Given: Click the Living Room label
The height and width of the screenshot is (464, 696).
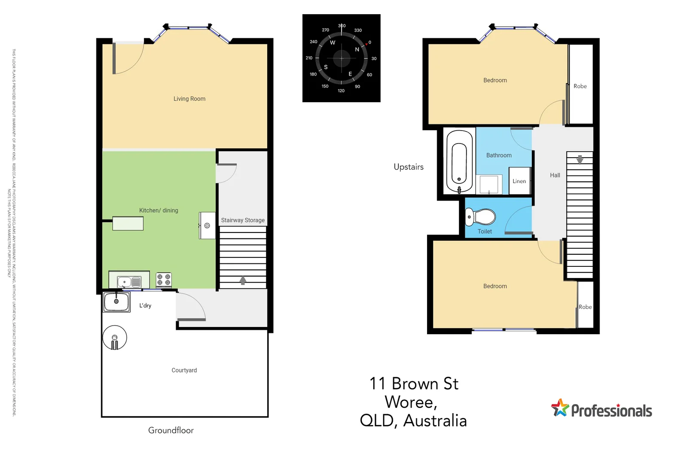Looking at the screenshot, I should (189, 99).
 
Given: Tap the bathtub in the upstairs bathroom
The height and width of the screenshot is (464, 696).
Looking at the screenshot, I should (459, 162).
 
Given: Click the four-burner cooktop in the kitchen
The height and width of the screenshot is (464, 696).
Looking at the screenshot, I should (164, 280).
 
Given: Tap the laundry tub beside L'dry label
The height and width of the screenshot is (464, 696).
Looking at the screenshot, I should (116, 302).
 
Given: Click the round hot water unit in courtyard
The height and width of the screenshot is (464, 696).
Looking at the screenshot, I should (115, 337).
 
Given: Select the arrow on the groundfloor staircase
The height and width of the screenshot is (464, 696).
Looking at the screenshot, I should (243, 280).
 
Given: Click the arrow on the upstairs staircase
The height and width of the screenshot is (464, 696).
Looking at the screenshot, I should (580, 160).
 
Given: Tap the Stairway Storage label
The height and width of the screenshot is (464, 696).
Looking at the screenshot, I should (243, 220).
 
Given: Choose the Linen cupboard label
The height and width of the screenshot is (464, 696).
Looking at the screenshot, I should (519, 181).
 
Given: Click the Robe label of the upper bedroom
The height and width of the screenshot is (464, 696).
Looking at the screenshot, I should (580, 86).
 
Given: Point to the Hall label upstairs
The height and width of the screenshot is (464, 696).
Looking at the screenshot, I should (555, 175).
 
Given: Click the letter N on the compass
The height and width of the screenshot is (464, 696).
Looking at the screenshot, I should (357, 49).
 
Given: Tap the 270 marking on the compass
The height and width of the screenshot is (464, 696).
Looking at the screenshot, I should (325, 30).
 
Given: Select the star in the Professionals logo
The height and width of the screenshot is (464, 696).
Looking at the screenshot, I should (560, 408).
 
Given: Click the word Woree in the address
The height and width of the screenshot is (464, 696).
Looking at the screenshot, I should (410, 402).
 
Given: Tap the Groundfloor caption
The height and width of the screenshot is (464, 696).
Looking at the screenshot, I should (171, 430).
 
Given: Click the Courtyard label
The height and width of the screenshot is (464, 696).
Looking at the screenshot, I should (184, 370).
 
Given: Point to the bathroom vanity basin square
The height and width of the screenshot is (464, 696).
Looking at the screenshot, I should (489, 184).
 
